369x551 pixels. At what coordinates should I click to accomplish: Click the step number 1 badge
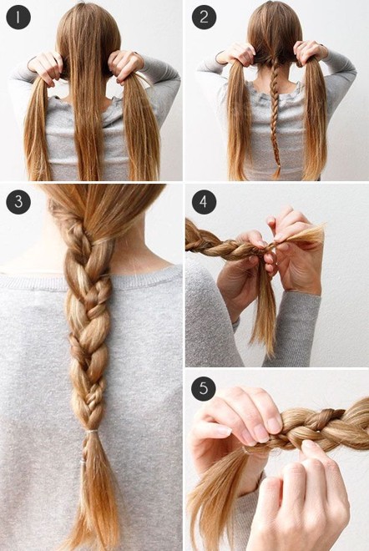18,18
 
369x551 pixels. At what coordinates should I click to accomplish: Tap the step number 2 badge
204,18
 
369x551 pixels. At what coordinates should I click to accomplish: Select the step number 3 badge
18,202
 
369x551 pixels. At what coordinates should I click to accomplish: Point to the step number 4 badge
204,202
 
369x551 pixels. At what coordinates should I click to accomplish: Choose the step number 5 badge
204,389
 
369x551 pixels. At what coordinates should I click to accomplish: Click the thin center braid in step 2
275,116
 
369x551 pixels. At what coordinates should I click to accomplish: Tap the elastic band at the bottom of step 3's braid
92,432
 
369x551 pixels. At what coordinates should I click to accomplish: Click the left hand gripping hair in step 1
47,68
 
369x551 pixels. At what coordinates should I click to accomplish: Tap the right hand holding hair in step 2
310,53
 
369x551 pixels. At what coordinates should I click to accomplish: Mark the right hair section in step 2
314,119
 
